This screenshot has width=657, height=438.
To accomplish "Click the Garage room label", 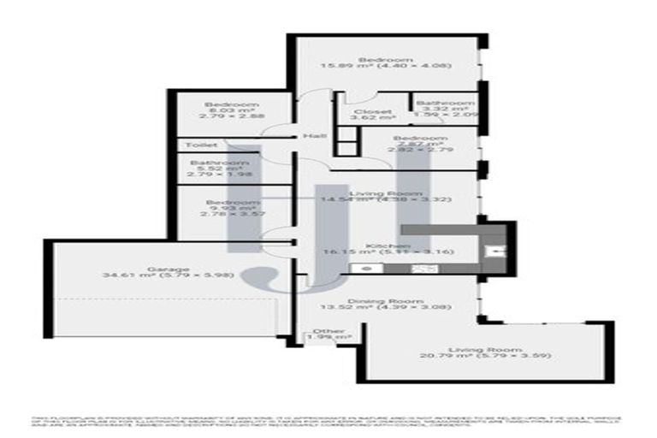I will [167, 269].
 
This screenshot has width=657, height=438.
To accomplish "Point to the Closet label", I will [372, 112].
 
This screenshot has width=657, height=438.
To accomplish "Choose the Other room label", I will [329, 331].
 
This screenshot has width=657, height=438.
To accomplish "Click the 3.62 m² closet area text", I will [372, 119].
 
